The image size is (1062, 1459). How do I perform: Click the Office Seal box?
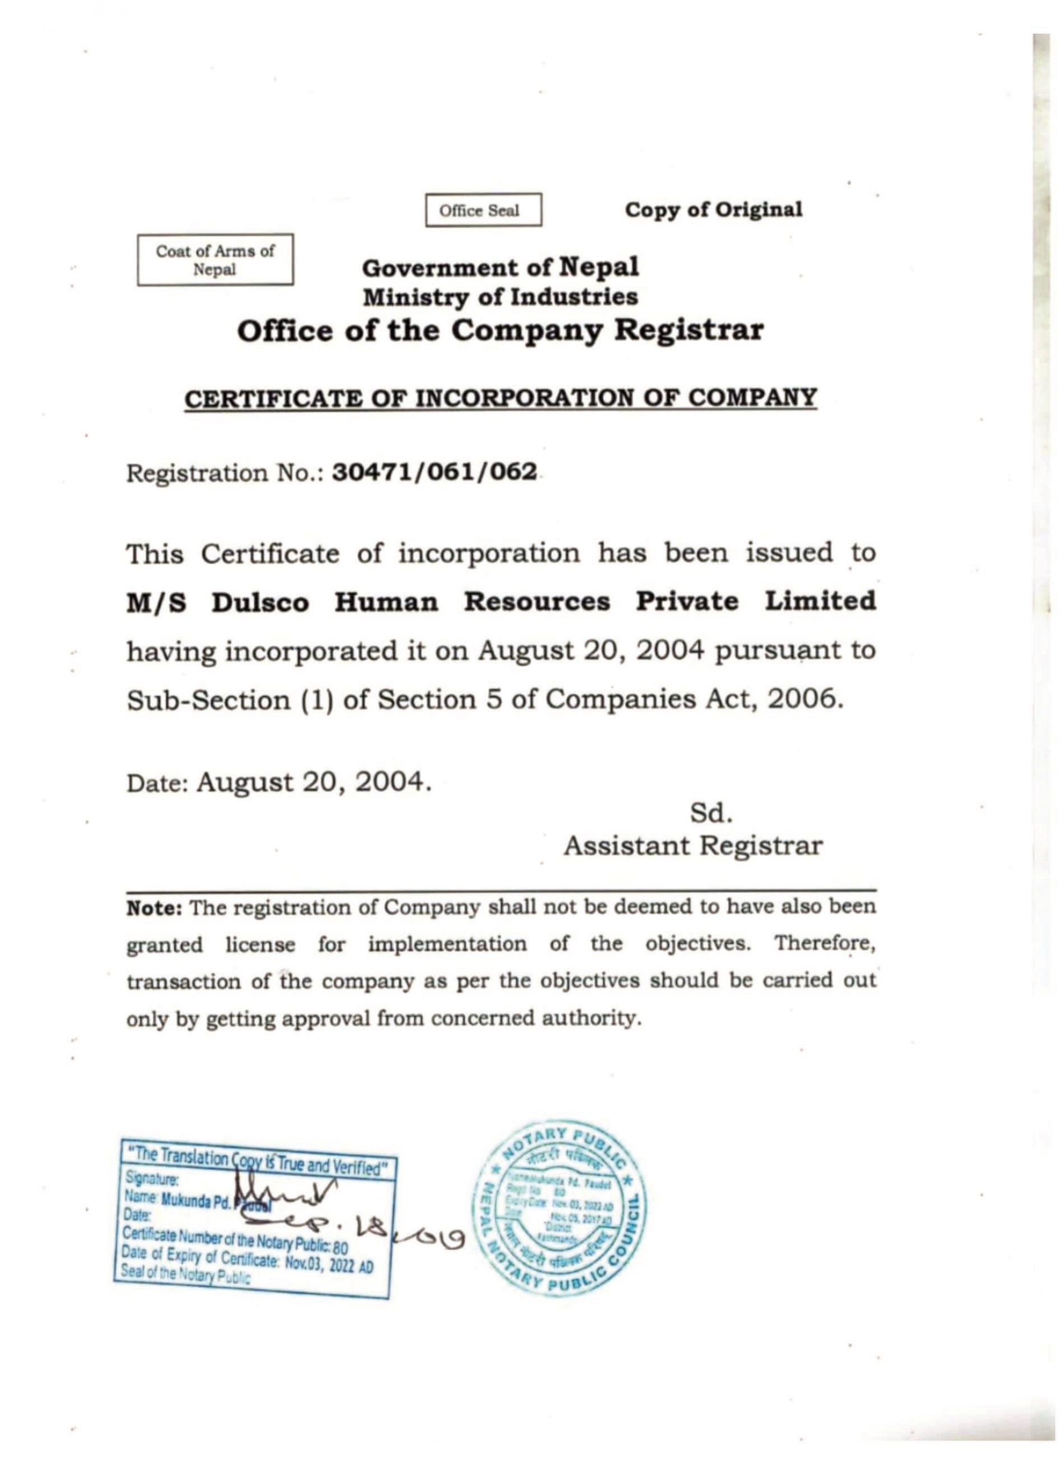pos(483,210)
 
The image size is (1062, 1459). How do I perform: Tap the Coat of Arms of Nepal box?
pos(215,259)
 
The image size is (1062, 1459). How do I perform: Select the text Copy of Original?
pos(714,210)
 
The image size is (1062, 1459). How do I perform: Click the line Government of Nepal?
pos(500,267)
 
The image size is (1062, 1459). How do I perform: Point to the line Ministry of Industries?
pos(500,296)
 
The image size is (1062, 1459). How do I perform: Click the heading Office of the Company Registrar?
pos(500,331)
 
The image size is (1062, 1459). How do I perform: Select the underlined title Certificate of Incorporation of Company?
pos(500,398)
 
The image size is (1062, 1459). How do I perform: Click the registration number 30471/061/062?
pos(434,473)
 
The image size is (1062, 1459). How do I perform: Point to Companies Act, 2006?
pos(693,699)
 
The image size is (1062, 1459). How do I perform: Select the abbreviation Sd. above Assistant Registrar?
pos(711,814)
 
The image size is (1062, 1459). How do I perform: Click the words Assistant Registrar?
pos(693,846)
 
